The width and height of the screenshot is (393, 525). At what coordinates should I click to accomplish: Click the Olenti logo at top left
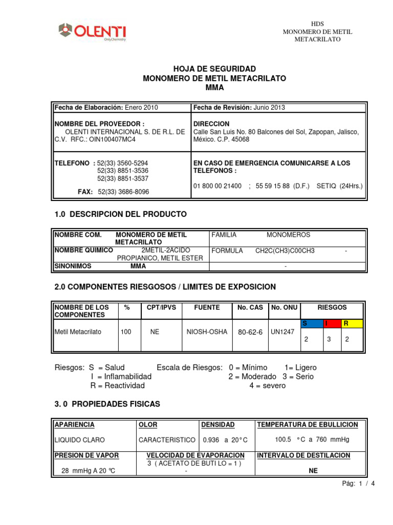click(x=92, y=31)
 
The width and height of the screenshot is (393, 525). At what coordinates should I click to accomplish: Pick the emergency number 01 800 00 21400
click(x=217, y=186)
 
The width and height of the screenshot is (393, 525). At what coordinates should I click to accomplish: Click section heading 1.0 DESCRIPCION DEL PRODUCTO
click(x=120, y=214)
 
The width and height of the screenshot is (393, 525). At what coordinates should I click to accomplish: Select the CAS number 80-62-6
click(x=250, y=332)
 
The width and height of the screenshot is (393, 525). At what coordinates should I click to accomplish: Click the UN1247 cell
click(x=282, y=332)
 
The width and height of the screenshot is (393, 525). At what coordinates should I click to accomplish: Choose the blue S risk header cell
click(x=312, y=324)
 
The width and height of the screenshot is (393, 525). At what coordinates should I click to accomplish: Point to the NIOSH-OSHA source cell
click(x=207, y=332)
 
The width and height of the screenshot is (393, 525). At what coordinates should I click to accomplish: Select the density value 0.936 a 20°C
click(x=225, y=440)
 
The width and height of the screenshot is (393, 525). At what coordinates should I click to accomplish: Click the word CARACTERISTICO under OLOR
click(x=167, y=440)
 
